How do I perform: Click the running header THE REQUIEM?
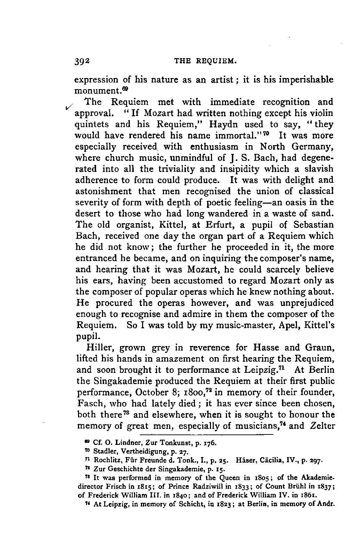[205, 62]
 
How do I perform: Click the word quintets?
[92, 124]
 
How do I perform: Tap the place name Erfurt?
[211, 225]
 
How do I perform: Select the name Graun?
[320, 348]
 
